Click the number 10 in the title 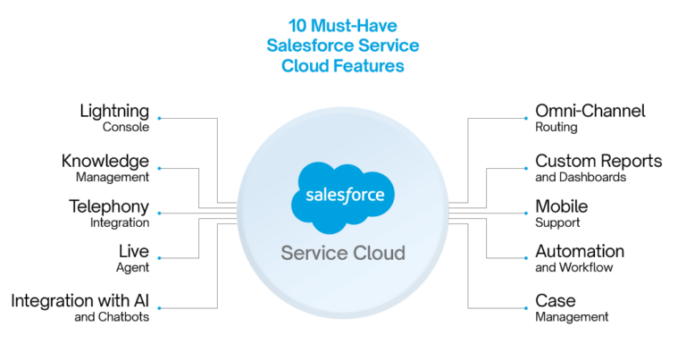click(x=297, y=25)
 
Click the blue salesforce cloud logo click(x=343, y=192)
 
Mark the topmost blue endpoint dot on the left click(x=160, y=118)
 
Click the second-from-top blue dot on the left click(x=160, y=168)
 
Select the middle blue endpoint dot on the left click(x=160, y=213)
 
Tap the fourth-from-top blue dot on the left click(x=160, y=258)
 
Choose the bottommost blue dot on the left click(x=160, y=308)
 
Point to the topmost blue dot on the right click(x=526, y=118)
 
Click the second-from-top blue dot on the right click(x=526, y=168)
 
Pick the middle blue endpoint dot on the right click(x=526, y=213)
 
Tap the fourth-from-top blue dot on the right click(x=526, y=258)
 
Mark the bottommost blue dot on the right click(x=526, y=308)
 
